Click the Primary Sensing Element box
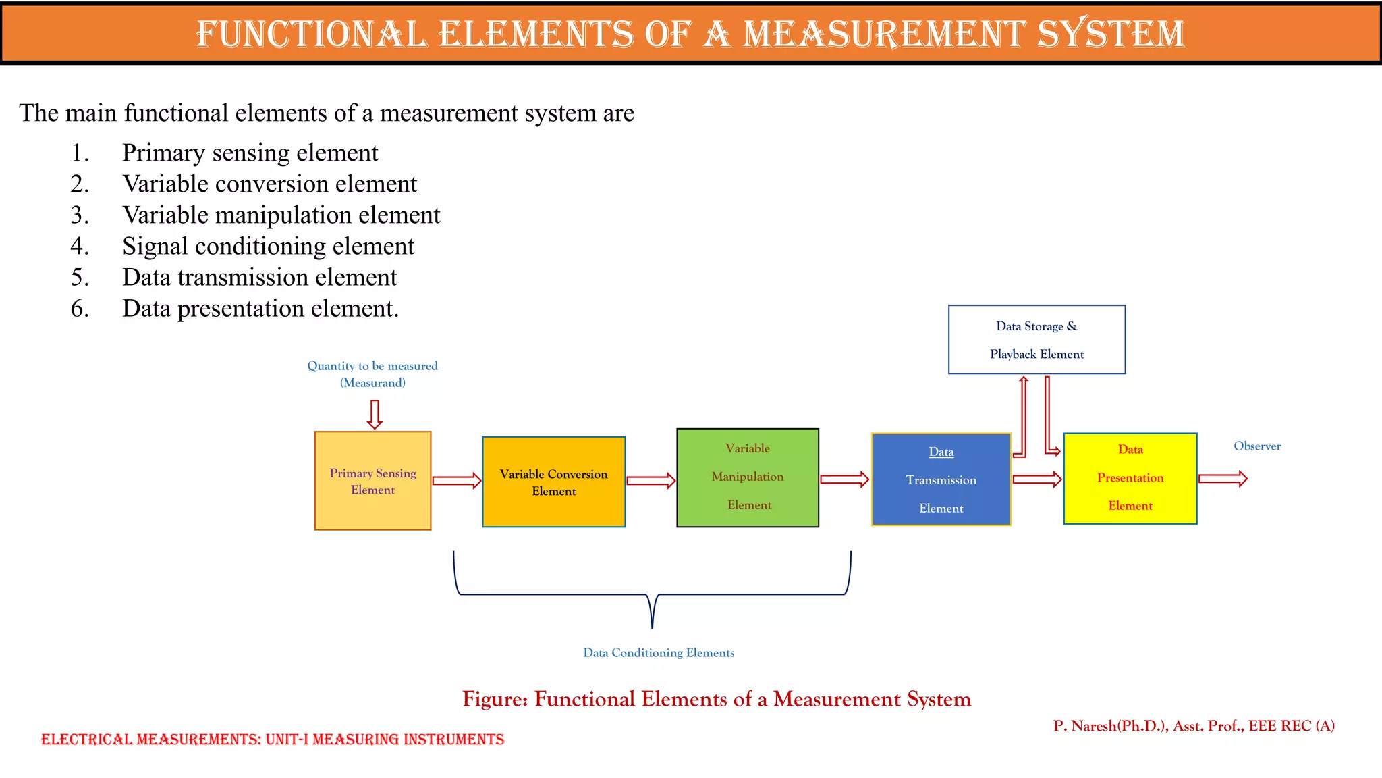(x=372, y=481)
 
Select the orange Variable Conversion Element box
(x=553, y=482)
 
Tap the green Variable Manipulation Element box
(x=748, y=477)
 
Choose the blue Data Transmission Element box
(x=941, y=479)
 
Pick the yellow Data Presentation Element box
(x=1130, y=478)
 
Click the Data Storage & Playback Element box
(x=1036, y=340)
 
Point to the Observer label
(x=1257, y=446)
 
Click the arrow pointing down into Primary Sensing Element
(x=375, y=414)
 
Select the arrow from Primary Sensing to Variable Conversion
(x=457, y=481)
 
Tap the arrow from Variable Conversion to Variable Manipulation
(x=651, y=481)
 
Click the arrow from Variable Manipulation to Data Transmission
(x=844, y=479)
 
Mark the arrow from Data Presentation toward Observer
(x=1223, y=479)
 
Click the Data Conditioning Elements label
(x=659, y=653)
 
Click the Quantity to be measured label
(x=372, y=366)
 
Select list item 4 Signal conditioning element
(x=268, y=247)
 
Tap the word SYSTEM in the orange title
(x=1111, y=34)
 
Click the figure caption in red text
(x=717, y=699)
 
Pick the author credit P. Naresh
(x=1193, y=726)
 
